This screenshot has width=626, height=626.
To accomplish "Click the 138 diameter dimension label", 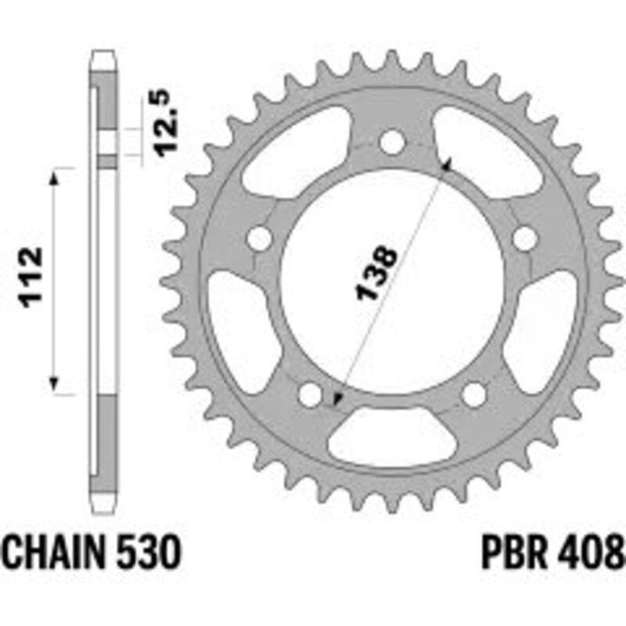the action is tap(376, 273).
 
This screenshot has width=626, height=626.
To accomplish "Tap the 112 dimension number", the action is tap(32, 278).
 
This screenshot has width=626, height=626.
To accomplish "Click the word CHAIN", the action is tap(55, 552).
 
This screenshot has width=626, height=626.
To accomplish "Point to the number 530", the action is tap(149, 552).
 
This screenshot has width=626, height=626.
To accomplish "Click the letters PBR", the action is tap(514, 552).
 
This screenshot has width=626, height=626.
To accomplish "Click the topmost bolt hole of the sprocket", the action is tap(392, 142).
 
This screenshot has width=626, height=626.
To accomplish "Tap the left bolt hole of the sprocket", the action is tap(259, 239).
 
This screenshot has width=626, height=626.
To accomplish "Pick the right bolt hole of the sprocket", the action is tap(524, 239).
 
